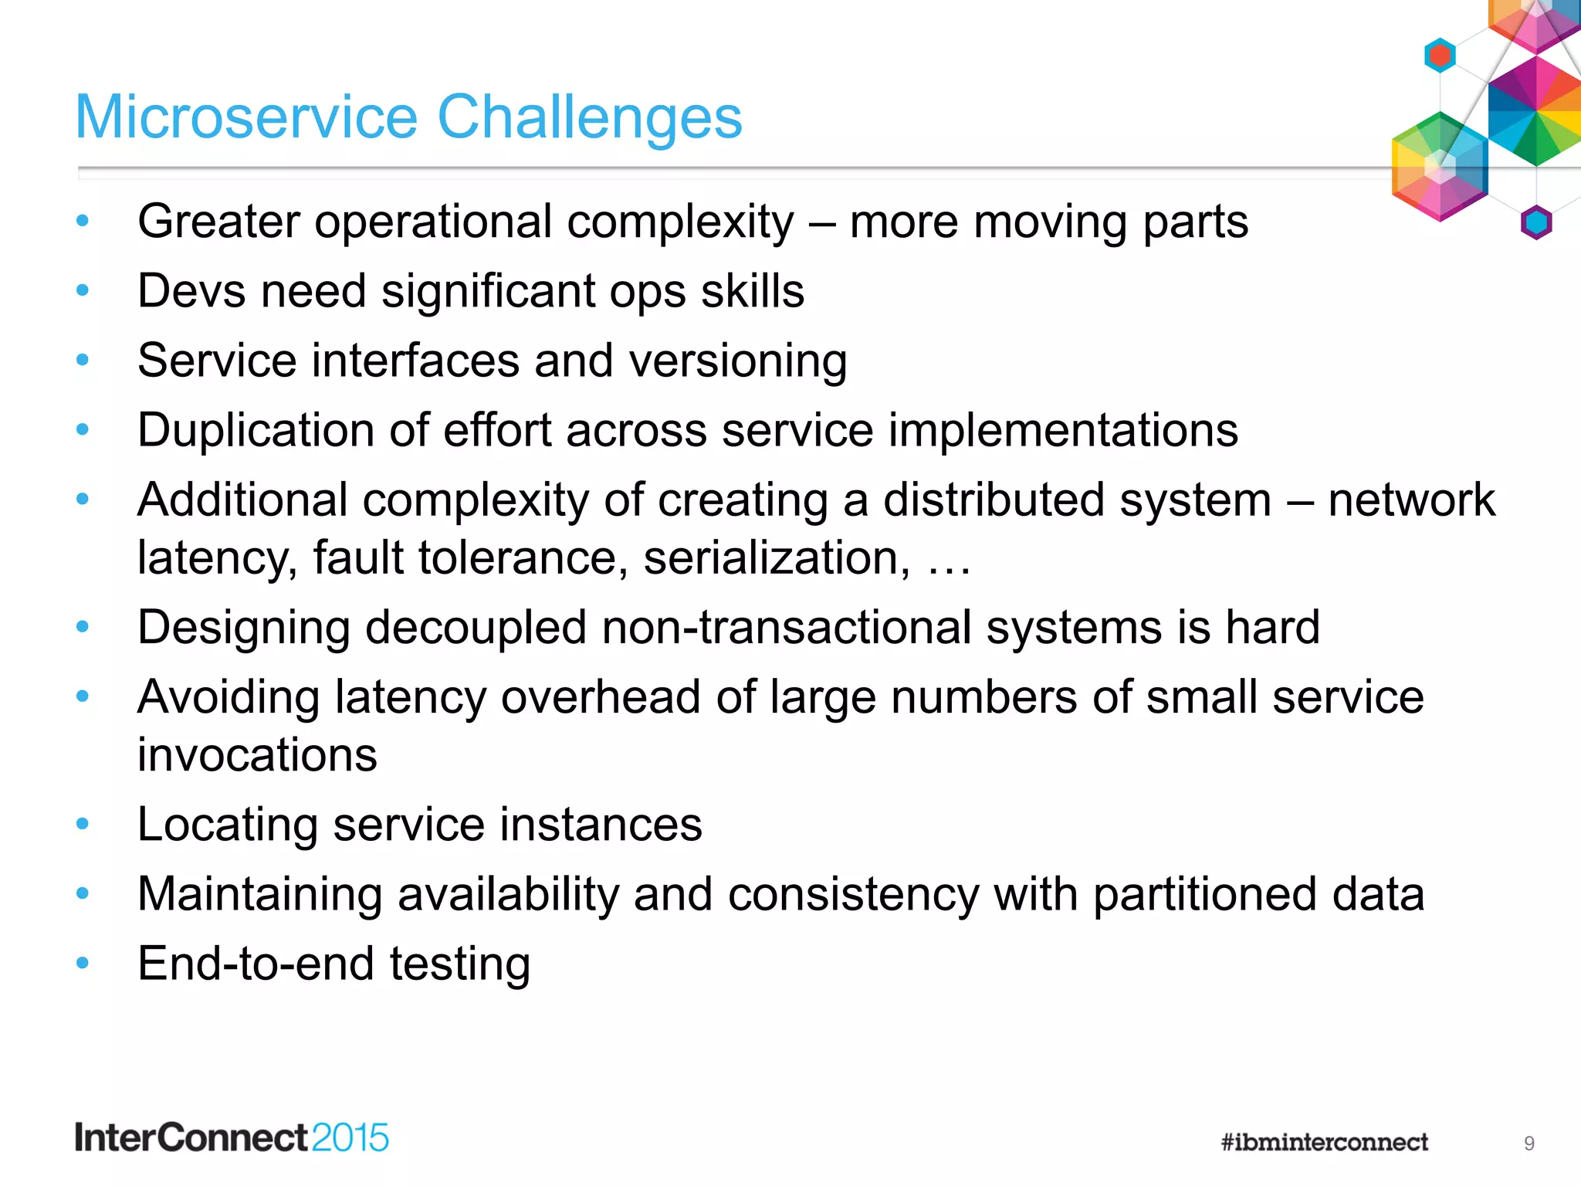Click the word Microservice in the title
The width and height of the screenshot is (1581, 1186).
pos(246,117)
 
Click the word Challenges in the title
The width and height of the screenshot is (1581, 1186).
pos(589,117)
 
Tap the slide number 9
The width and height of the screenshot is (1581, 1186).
pos(1529,1144)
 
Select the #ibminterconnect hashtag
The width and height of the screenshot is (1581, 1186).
pos(1324,1142)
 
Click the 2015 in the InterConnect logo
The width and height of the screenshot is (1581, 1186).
pos(350,1138)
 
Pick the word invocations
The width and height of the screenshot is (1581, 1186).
pos(257,755)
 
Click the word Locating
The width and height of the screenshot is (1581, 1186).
pos(227,825)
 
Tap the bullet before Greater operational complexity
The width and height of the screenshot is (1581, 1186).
pos(83,222)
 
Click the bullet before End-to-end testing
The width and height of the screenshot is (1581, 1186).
pos(83,963)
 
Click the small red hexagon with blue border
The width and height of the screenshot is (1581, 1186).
pos(1440,55)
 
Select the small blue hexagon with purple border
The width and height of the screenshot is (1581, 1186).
pos(1535,222)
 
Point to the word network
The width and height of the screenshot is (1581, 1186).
pos(1411,500)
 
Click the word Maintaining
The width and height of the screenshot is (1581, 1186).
pos(259,894)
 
